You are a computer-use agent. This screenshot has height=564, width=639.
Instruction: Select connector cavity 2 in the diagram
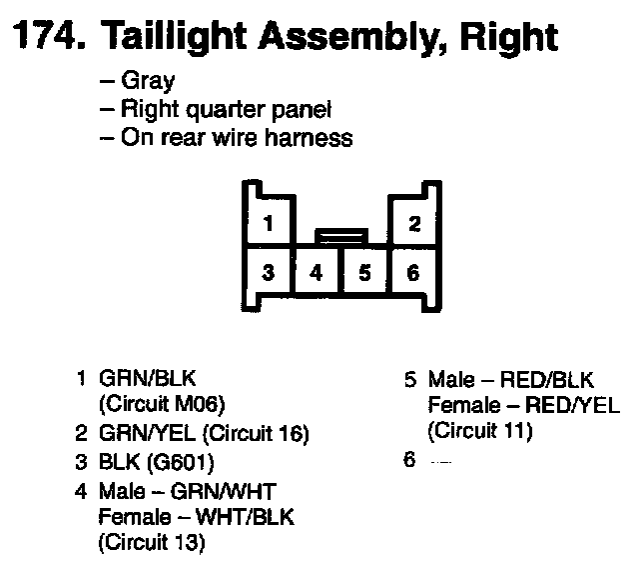point(413,223)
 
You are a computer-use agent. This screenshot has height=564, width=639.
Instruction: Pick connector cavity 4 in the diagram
point(317,272)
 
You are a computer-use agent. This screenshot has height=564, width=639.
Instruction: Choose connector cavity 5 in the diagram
point(365,272)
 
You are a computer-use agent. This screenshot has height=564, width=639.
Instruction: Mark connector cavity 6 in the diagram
point(413,272)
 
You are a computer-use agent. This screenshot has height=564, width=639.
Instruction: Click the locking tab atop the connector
point(340,237)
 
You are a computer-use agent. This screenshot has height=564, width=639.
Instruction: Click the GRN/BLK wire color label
point(148,380)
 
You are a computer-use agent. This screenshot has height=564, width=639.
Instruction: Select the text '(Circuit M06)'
point(164,406)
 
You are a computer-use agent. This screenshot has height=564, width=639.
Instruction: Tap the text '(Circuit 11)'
point(480,433)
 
